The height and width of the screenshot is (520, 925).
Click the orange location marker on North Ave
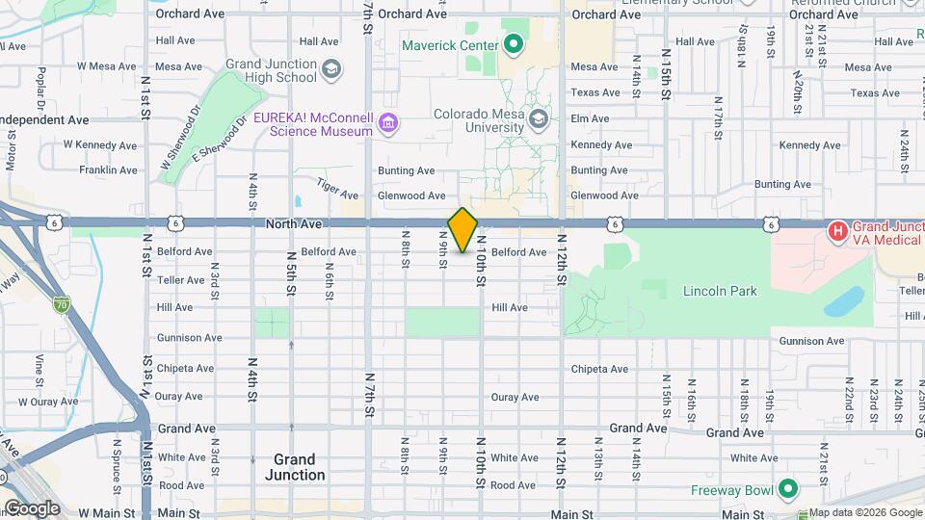click(462, 230)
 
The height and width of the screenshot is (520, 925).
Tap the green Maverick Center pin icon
click(514, 44)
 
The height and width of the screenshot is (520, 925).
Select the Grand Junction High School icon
click(331, 69)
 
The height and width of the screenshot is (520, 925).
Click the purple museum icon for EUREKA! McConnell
click(388, 123)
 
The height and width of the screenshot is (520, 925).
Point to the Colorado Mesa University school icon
click(539, 119)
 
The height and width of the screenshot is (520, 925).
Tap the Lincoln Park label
click(720, 291)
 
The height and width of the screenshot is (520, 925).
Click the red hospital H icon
click(838, 231)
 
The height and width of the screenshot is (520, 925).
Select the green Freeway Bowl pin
click(788, 489)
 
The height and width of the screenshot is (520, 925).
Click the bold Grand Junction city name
click(294, 467)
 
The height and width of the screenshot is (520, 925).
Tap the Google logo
click(32, 507)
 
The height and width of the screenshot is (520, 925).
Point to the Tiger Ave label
click(330, 186)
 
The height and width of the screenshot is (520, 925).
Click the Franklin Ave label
click(108, 169)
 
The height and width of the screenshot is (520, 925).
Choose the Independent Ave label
click(44, 119)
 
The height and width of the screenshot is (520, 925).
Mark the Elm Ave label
click(590, 118)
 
